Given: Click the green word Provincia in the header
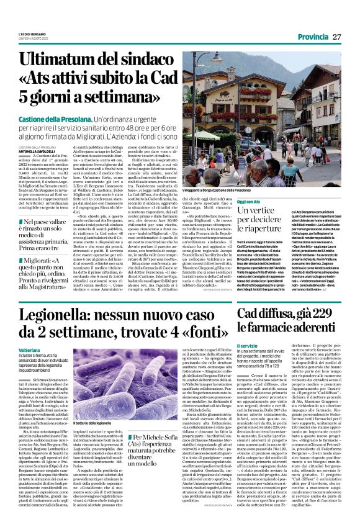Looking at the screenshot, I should (313, 37).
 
